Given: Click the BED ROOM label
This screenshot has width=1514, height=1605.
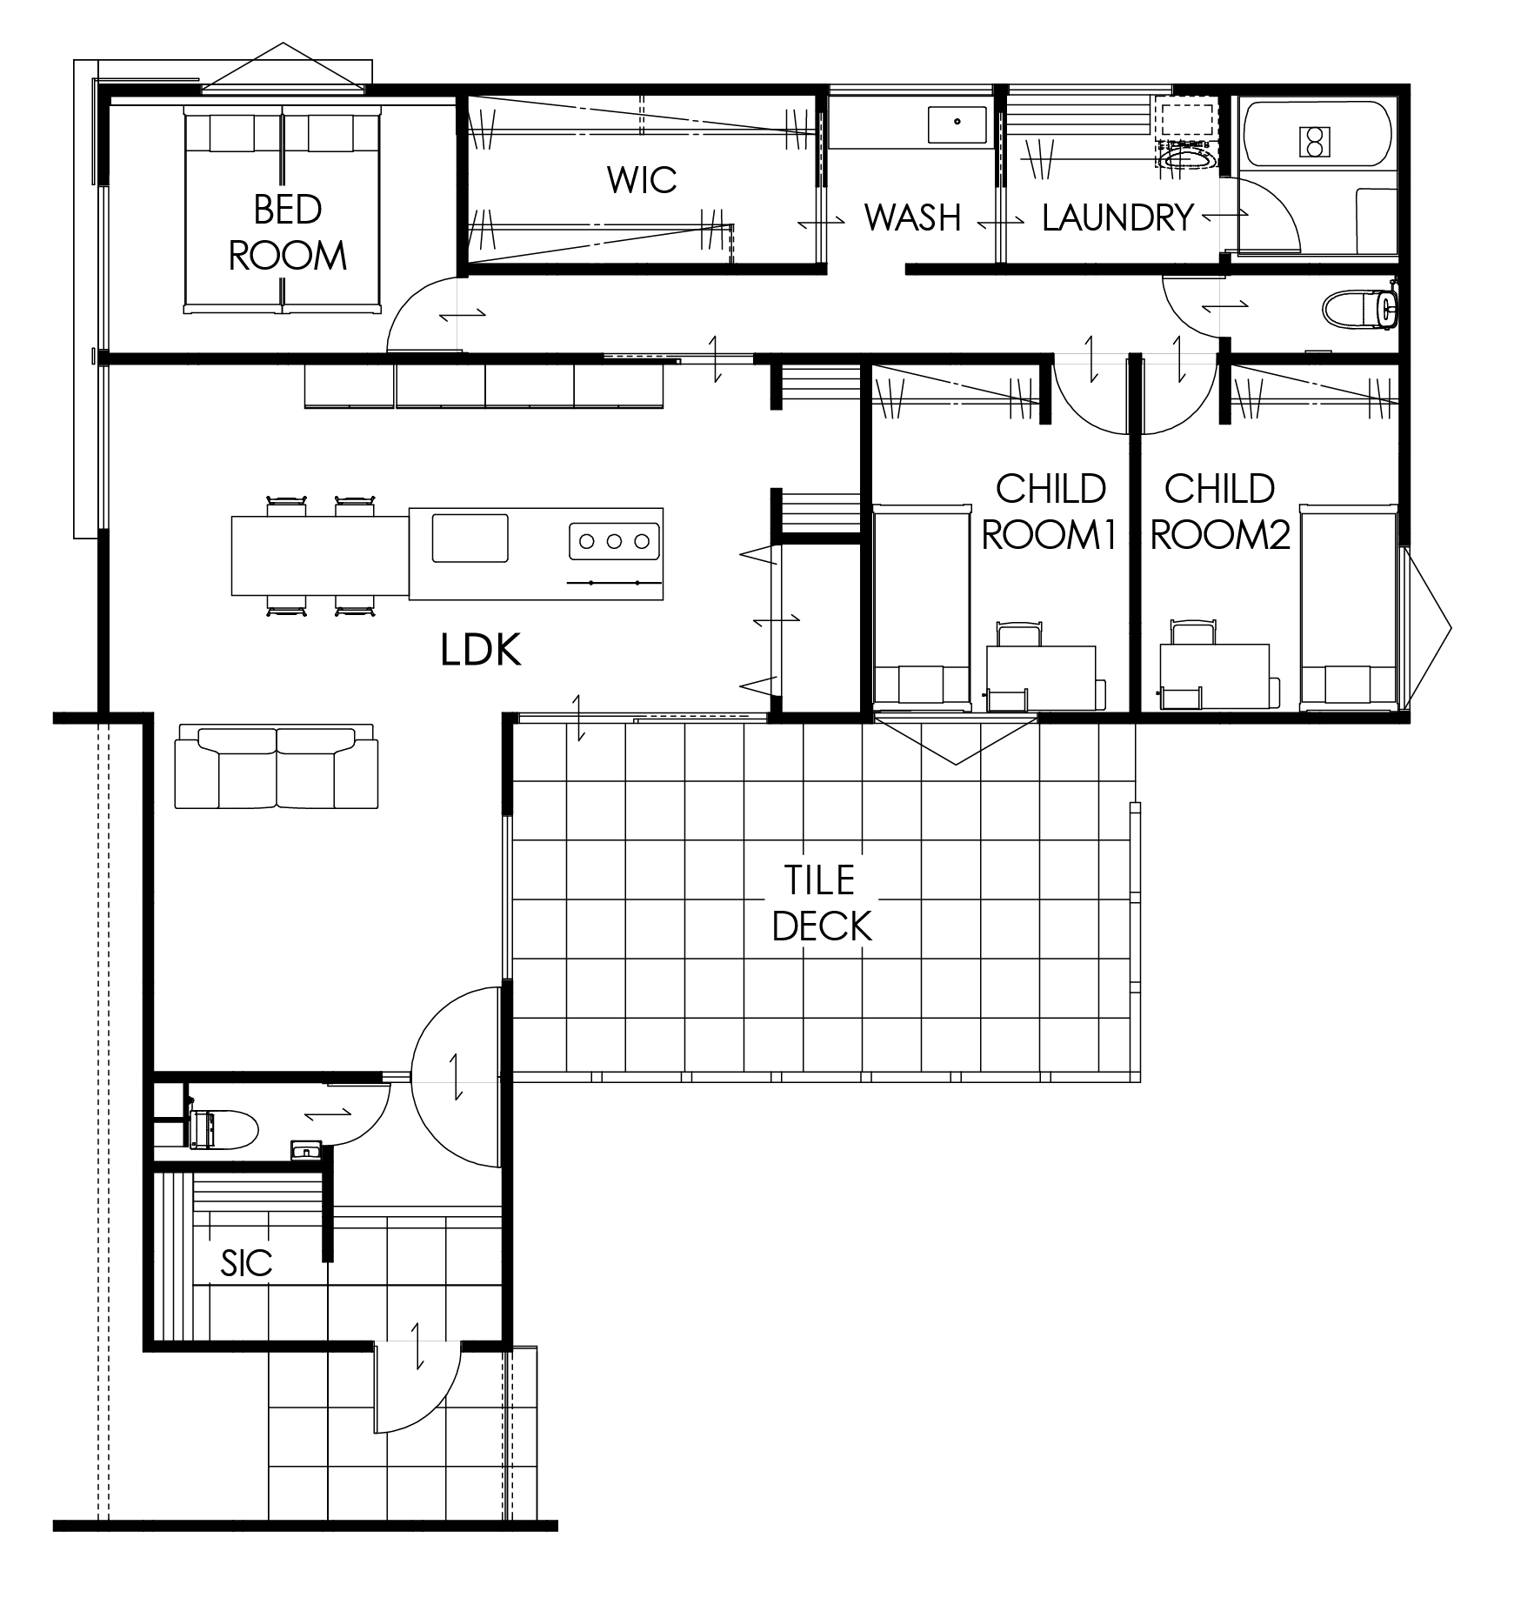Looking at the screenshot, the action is click(x=287, y=232).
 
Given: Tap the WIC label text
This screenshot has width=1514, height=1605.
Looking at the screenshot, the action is click(x=642, y=180).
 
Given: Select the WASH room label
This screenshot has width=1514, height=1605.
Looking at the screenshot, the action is click(x=912, y=217).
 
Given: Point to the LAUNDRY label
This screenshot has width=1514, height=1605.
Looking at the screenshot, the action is click(x=1117, y=217).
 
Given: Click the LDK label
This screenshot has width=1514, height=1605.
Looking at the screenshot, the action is click(x=481, y=650).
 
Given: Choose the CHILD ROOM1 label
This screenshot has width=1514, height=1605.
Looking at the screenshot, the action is click(x=1050, y=512).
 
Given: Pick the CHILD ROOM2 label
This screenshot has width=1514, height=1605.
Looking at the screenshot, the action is click(x=1219, y=512).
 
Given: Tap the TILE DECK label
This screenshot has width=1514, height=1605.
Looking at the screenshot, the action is click(x=821, y=904).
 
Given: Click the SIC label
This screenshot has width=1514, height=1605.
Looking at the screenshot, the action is click(x=246, y=1263).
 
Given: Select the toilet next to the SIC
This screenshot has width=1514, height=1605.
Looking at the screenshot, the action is click(x=223, y=1130).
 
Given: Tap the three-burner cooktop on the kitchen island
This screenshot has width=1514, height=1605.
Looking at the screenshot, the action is click(x=614, y=541).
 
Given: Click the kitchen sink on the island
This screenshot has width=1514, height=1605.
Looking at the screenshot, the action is click(x=470, y=538).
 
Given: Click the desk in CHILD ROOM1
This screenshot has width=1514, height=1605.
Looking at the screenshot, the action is click(x=1041, y=677).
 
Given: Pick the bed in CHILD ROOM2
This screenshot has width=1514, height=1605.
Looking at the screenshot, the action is click(x=1348, y=605).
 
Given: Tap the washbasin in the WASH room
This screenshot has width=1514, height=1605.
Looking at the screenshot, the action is click(x=957, y=124).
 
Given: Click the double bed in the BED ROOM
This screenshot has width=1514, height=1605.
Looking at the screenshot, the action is click(x=283, y=209).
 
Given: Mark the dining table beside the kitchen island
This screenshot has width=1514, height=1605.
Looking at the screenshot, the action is click(x=320, y=555).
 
